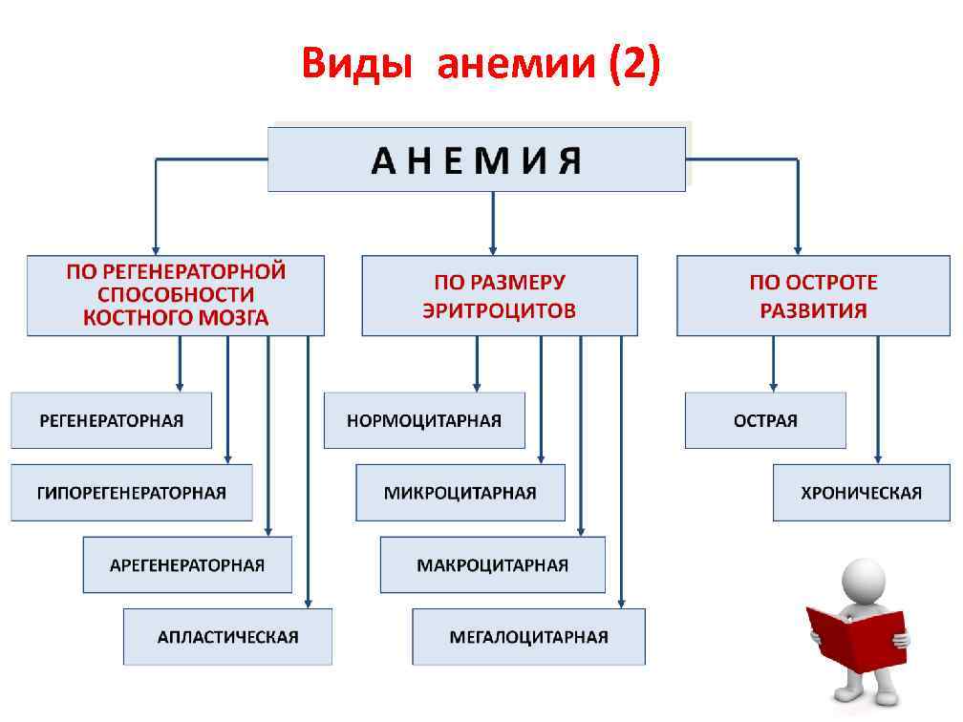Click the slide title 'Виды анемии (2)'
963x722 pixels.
481,66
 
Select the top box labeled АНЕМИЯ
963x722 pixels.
476,159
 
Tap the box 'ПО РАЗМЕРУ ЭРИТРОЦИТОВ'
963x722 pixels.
499,296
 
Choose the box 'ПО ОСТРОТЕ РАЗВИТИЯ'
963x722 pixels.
813,296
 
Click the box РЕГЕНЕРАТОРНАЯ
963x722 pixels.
111,420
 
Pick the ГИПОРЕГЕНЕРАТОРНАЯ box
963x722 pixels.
132,493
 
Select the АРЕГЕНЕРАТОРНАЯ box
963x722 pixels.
187,564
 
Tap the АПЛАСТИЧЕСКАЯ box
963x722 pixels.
227,636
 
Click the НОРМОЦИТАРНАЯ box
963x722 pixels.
424,420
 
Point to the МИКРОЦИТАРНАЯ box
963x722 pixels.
460,493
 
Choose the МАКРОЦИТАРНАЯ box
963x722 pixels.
492,564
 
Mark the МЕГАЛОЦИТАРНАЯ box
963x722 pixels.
528,636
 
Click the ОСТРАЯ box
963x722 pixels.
765,420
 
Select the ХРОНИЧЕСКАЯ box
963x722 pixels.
861,493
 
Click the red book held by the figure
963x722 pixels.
856,636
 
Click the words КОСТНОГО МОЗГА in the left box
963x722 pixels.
176,319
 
